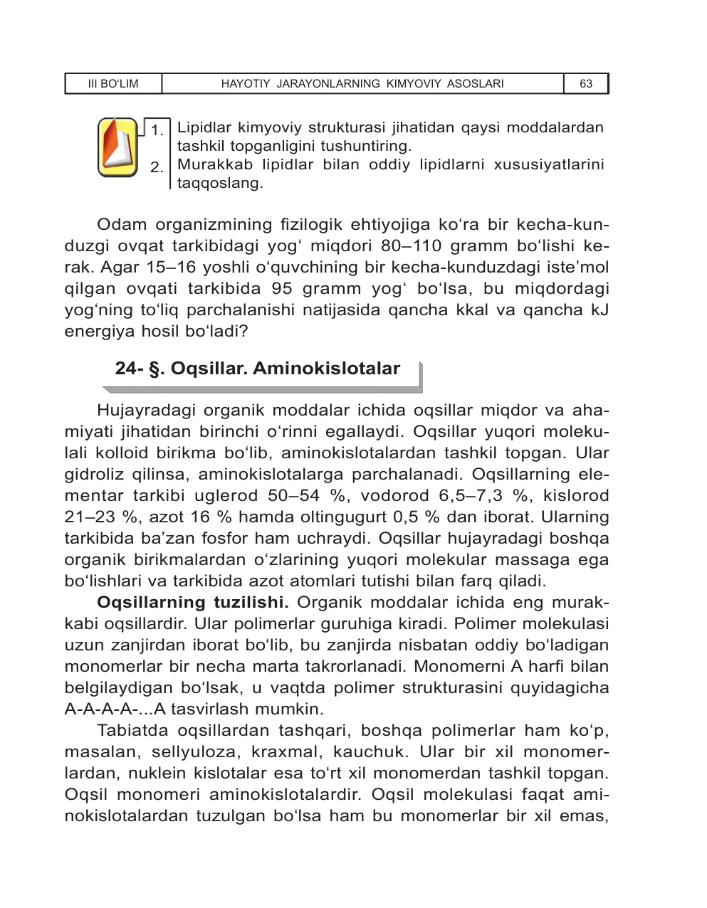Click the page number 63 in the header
(586, 84)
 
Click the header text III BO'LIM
(113, 84)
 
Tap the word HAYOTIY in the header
(246, 84)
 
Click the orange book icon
(117, 147)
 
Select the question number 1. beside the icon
(157, 130)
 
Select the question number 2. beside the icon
(157, 168)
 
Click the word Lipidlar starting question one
(204, 128)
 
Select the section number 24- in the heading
(130, 369)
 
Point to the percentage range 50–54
(293, 496)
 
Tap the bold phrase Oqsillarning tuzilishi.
(192, 603)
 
